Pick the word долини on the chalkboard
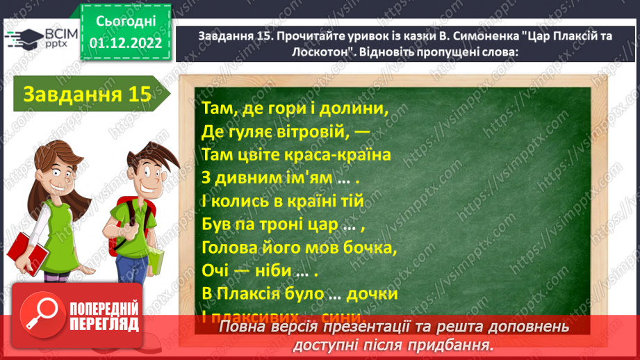pyautogui.click(x=354, y=108)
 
